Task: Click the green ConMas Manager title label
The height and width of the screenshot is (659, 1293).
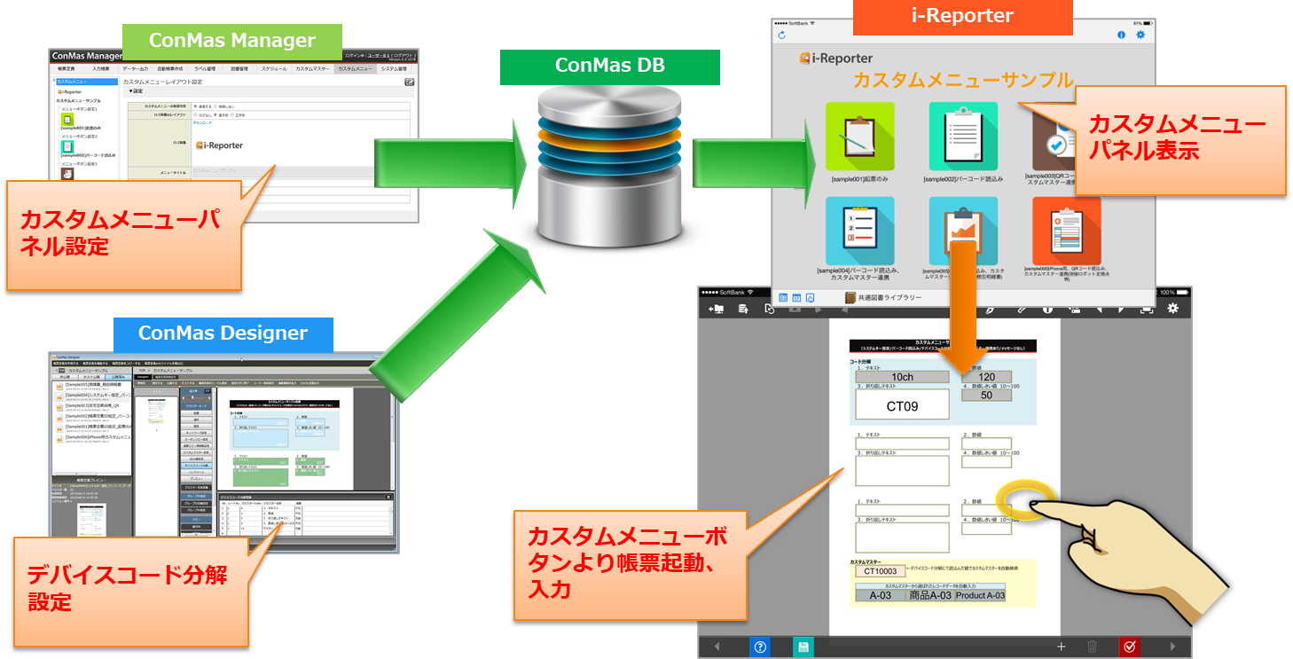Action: pos(232,41)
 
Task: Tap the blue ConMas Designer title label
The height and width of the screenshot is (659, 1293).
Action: pos(223,333)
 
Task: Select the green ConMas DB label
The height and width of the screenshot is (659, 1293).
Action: pos(609,66)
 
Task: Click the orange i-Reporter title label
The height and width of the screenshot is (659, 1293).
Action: pos(962,16)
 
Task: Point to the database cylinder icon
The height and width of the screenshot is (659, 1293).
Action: pos(609,169)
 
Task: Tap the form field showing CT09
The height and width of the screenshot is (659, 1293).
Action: pos(902,406)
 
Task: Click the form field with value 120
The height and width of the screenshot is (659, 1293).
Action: pos(986,377)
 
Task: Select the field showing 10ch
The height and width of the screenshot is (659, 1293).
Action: pos(902,377)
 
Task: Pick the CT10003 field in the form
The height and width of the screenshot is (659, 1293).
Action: pos(880,571)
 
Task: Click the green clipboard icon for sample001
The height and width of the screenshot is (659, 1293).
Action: pos(859,137)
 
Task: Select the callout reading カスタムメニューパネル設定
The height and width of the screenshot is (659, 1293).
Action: pos(124,234)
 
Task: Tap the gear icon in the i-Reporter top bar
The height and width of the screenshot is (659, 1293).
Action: pos(1140,35)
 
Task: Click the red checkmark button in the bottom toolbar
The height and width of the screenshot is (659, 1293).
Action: pos(1129,647)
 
